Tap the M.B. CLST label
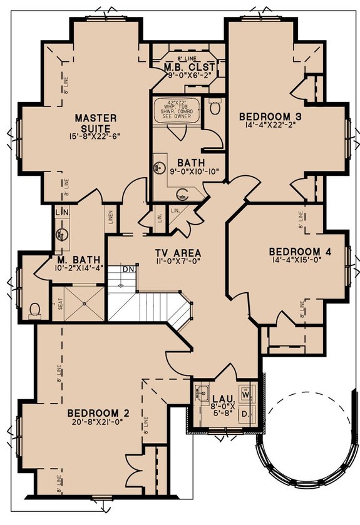pyautogui.click(x=190, y=67)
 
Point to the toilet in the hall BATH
pyautogui.click(x=215, y=108)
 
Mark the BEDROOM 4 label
pyautogui.click(x=300, y=252)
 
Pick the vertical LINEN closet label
pyautogui.click(x=111, y=217)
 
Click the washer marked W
pyautogui.click(x=245, y=395)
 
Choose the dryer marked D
pyautogui.click(x=245, y=414)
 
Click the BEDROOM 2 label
pyautogui.click(x=98, y=412)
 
